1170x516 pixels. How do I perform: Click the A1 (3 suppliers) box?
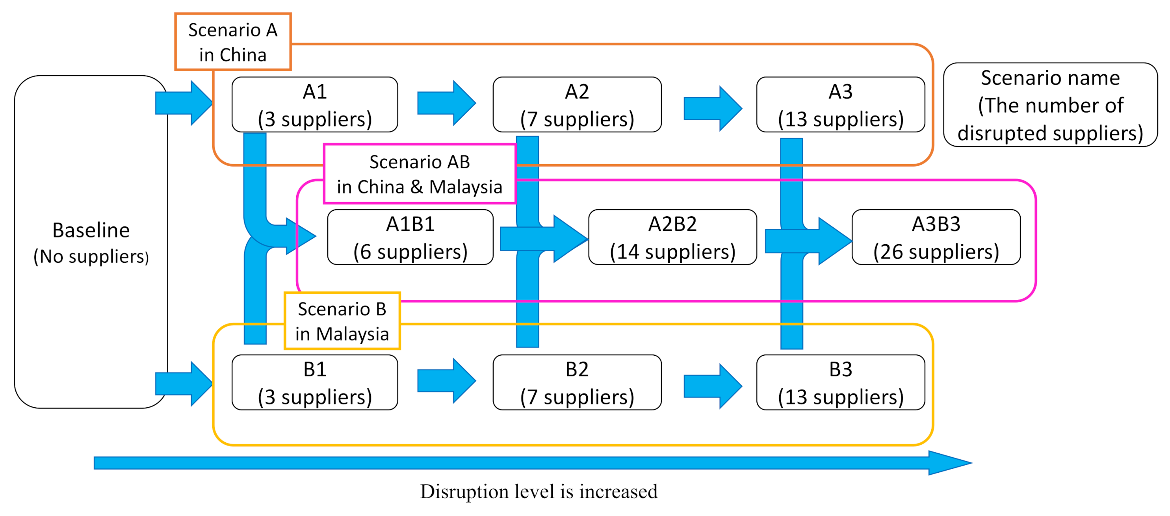[314, 105]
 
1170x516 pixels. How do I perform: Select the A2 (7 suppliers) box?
[577, 105]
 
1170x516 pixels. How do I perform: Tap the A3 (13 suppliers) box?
[840, 105]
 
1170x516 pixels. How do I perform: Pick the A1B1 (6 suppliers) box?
[410, 237]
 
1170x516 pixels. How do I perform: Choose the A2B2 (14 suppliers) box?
[672, 237]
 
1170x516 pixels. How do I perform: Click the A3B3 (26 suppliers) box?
[936, 237]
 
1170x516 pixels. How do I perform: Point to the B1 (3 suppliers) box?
[314, 382]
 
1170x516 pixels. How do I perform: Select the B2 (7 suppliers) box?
[577, 382]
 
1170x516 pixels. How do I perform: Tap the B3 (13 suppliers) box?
[840, 382]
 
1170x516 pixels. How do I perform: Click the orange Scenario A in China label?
[232, 42]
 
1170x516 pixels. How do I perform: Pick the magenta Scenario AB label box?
[419, 174]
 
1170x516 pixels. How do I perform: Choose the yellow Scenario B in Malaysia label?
[342, 321]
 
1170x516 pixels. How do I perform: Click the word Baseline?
[91, 230]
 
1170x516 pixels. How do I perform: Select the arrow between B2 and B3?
[712, 386]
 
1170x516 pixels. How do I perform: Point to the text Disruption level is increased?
[539, 492]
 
